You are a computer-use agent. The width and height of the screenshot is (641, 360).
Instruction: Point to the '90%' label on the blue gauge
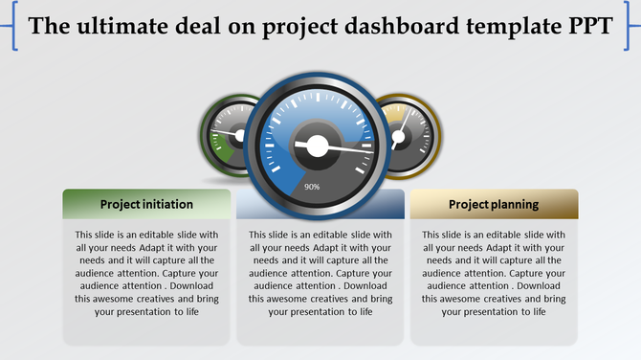pyautogui.click(x=312, y=187)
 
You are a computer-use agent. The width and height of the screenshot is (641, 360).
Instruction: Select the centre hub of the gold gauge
pyautogui.click(x=397, y=137)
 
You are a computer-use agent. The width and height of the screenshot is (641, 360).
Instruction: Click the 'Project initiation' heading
pyautogui.click(x=146, y=204)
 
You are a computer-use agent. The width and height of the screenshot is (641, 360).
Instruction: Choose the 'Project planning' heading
pyautogui.click(x=494, y=204)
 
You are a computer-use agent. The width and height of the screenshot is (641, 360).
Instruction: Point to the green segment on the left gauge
pyautogui.click(x=221, y=149)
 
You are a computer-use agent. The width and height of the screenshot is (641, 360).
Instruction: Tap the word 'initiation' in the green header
pyautogui.click(x=168, y=204)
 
